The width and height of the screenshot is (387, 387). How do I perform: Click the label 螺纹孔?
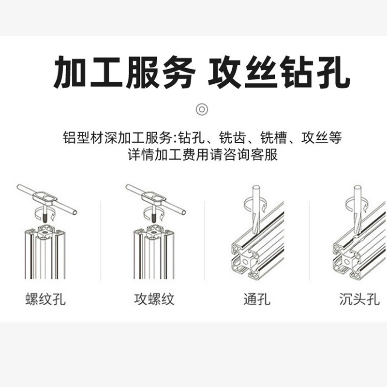[45, 299]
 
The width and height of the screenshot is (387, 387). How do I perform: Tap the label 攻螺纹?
[154, 299]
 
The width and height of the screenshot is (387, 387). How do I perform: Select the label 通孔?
[256, 299]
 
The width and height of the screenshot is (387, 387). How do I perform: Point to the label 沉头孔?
[359, 299]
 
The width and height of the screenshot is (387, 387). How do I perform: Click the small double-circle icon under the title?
[202, 109]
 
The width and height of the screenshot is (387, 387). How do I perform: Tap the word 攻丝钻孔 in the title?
[279, 74]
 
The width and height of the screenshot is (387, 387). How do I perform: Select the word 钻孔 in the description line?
[189, 138]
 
